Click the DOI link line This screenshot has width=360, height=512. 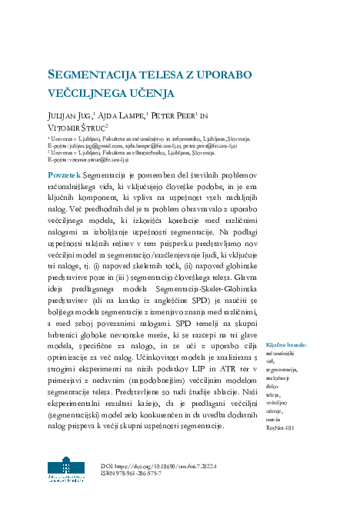(159, 466)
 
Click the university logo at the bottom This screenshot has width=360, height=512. (68, 470)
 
